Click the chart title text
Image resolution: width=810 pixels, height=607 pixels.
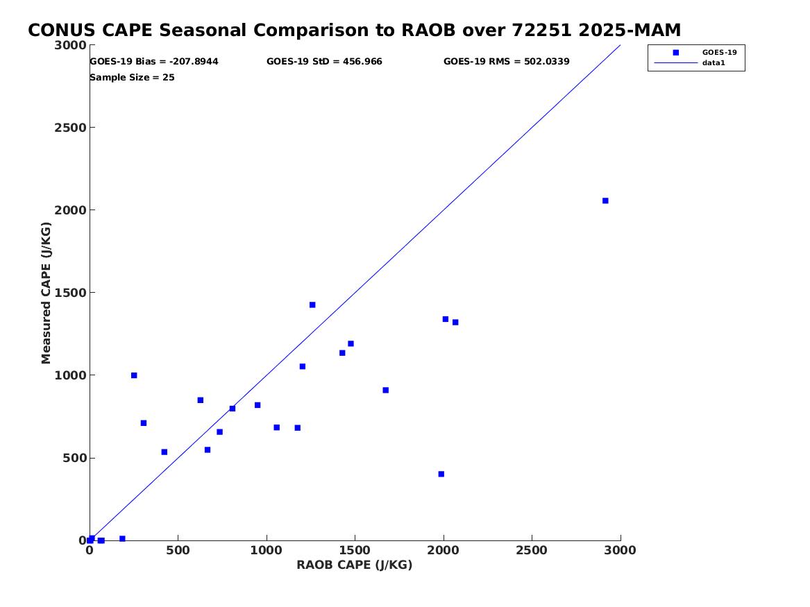pyautogui.click(x=355, y=31)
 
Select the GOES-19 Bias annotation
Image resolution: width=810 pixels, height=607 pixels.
pyautogui.click(x=154, y=62)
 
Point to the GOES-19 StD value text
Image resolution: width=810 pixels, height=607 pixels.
pyautogui.click(x=324, y=62)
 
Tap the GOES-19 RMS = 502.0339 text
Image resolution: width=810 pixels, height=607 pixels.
pyautogui.click(x=506, y=62)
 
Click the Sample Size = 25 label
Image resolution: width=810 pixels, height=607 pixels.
pyautogui.click(x=133, y=78)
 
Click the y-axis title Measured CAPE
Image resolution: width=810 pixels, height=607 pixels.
pyautogui.click(x=46, y=293)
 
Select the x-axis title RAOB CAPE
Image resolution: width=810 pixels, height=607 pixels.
pyautogui.click(x=355, y=565)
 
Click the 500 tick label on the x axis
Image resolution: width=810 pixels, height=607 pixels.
pyautogui.click(x=178, y=551)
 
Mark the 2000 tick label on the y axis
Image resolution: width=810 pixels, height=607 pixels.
pyautogui.click(x=70, y=210)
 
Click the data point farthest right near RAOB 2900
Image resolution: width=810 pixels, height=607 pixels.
pyautogui.click(x=605, y=200)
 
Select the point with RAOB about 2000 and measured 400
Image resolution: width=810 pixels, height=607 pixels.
pyautogui.click(x=441, y=475)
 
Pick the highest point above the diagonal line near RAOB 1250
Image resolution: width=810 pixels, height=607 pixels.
pyautogui.click(x=312, y=305)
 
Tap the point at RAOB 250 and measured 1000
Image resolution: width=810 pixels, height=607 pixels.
pyautogui.click(x=134, y=375)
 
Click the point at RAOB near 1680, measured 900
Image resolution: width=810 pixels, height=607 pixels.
pyautogui.click(x=385, y=390)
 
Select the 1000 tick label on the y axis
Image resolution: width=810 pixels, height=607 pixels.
pyautogui.click(x=70, y=375)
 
